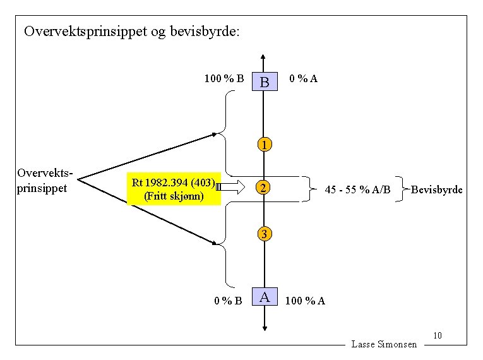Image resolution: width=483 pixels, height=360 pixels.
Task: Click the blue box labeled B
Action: point(265,81)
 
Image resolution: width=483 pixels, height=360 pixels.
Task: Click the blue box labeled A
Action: point(265,296)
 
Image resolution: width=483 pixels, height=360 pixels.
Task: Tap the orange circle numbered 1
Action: point(265,145)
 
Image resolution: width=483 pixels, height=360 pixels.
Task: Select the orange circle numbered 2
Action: point(265,188)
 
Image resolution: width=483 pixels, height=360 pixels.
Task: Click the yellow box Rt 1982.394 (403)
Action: point(174,184)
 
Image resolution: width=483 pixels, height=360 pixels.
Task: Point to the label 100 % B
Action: point(224,79)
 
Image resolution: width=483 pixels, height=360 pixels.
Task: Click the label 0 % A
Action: point(303,79)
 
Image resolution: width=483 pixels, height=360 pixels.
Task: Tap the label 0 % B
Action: point(227,300)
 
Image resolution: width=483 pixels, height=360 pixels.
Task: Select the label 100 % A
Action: point(306,300)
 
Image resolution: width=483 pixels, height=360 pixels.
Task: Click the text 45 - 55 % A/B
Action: point(357,189)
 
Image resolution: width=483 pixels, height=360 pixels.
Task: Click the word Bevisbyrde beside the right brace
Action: point(437,189)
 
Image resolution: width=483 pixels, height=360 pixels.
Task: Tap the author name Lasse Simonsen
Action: point(384,344)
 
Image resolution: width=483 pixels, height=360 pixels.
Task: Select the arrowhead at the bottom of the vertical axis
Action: point(265,327)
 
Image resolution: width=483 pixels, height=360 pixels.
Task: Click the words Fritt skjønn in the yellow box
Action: point(174,196)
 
